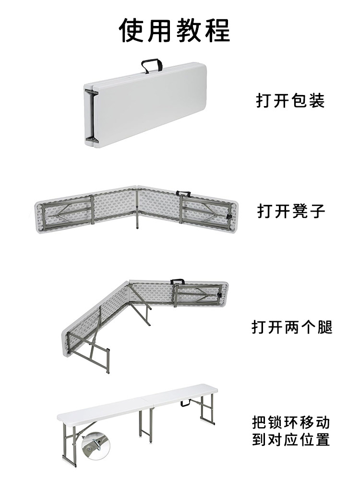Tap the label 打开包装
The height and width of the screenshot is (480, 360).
[x=290, y=101]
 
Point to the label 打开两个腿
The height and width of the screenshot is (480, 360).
[x=292, y=327]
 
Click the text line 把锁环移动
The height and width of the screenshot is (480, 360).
[x=291, y=423]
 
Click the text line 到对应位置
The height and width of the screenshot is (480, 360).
[x=291, y=440]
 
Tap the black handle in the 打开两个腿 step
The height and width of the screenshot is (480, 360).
[x=178, y=281]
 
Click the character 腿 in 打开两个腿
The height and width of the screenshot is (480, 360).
[x=324, y=327]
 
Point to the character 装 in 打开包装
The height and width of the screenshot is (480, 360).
[x=316, y=101]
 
